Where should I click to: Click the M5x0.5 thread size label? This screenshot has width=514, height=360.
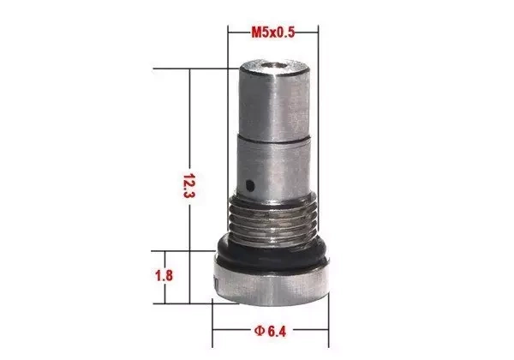pos(272,32)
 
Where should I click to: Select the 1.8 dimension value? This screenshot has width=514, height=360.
pos(166,277)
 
